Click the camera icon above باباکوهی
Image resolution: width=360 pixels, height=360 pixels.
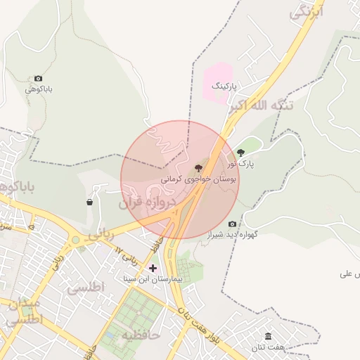[x=38, y=79]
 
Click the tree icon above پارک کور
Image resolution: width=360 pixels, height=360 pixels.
[x=241, y=153]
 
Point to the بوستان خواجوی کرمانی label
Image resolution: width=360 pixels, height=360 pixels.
[x=199, y=179]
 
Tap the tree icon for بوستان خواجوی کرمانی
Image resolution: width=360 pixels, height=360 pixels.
[x=198, y=168]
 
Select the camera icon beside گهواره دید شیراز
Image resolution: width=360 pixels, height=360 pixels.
[x=233, y=224]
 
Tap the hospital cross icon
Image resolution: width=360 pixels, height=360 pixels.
[x=153, y=268]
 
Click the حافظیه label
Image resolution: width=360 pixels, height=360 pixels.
[x=141, y=335]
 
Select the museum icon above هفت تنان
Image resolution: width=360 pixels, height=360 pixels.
[x=268, y=337]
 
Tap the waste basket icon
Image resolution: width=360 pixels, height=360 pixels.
[x=89, y=202]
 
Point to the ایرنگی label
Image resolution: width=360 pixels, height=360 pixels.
[x=309, y=12]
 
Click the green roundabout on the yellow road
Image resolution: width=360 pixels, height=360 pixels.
[x=75, y=240]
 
